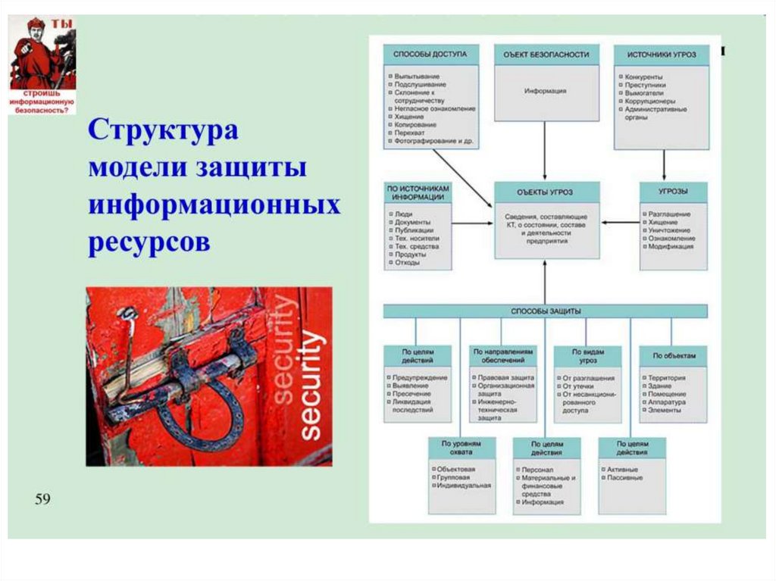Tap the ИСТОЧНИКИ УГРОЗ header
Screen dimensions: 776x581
pos(662,55)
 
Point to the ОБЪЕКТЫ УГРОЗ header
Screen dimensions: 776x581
pos(546,192)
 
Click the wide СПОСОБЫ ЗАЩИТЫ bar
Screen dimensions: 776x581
pos(546,311)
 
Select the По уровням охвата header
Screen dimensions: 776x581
pos(462,447)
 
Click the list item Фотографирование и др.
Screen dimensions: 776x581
pos(433,142)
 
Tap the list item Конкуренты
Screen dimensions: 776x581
pos(644,77)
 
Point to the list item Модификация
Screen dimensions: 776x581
pos(670,246)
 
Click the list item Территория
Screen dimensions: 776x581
pos(667,377)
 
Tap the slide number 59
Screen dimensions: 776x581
pos(42,499)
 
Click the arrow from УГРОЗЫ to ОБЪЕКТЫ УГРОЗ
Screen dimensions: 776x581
pos(621,223)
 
